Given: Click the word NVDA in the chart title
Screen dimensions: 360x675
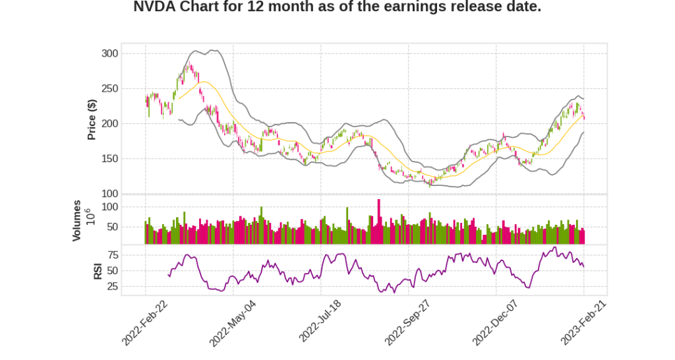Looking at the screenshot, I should [154, 8].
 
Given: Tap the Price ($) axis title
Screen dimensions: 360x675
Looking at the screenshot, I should [92, 119].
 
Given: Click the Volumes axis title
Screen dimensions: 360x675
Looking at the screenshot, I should [77, 220].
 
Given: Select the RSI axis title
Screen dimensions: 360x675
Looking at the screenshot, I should [98, 270].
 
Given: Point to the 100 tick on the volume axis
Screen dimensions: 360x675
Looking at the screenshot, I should [109, 206].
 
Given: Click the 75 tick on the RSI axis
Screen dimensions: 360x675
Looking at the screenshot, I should [113, 255].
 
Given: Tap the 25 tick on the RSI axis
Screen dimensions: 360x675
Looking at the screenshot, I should [113, 286].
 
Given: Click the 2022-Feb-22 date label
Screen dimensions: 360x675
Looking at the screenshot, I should [145, 322].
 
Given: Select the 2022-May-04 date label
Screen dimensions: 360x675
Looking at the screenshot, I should [233, 322].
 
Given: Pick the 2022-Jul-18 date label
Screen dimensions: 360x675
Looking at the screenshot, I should [320, 322].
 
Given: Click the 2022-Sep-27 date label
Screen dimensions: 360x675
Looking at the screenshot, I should [408, 322].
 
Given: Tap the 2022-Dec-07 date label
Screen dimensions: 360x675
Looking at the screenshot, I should [496, 322].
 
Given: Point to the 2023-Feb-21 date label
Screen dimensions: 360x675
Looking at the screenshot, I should [583, 322].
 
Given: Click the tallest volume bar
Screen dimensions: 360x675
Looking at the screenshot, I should [378, 222].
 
